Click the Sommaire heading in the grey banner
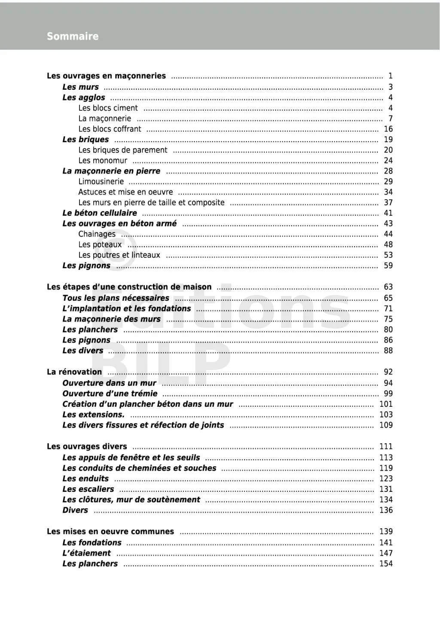73,37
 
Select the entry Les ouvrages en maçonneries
106,76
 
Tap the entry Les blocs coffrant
110,129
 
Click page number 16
388,129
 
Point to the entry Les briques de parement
123,150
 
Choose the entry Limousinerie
101,182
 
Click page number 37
388,202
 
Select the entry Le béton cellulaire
100,213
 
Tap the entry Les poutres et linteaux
119,255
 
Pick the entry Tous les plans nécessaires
116,298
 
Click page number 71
388,308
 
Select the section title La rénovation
74,372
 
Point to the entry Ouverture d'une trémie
110,393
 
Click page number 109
386,425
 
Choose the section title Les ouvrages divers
87,447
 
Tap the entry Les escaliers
88,489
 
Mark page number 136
386,510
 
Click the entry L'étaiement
86,553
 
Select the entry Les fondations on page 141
92,543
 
